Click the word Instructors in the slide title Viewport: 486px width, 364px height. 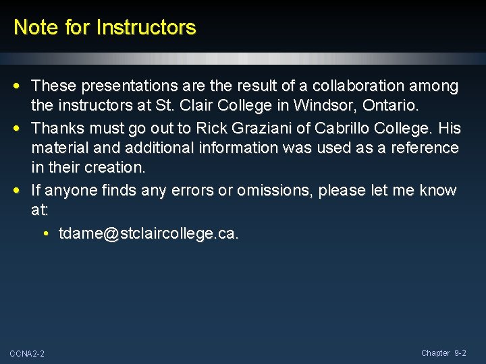click(146, 28)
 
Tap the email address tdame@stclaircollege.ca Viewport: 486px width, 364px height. click(148, 234)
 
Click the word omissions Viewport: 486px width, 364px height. click(270, 191)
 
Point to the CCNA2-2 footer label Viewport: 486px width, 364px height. click(27, 354)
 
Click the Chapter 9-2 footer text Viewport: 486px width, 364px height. click(443, 353)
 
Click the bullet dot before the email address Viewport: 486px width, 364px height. click(45, 235)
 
